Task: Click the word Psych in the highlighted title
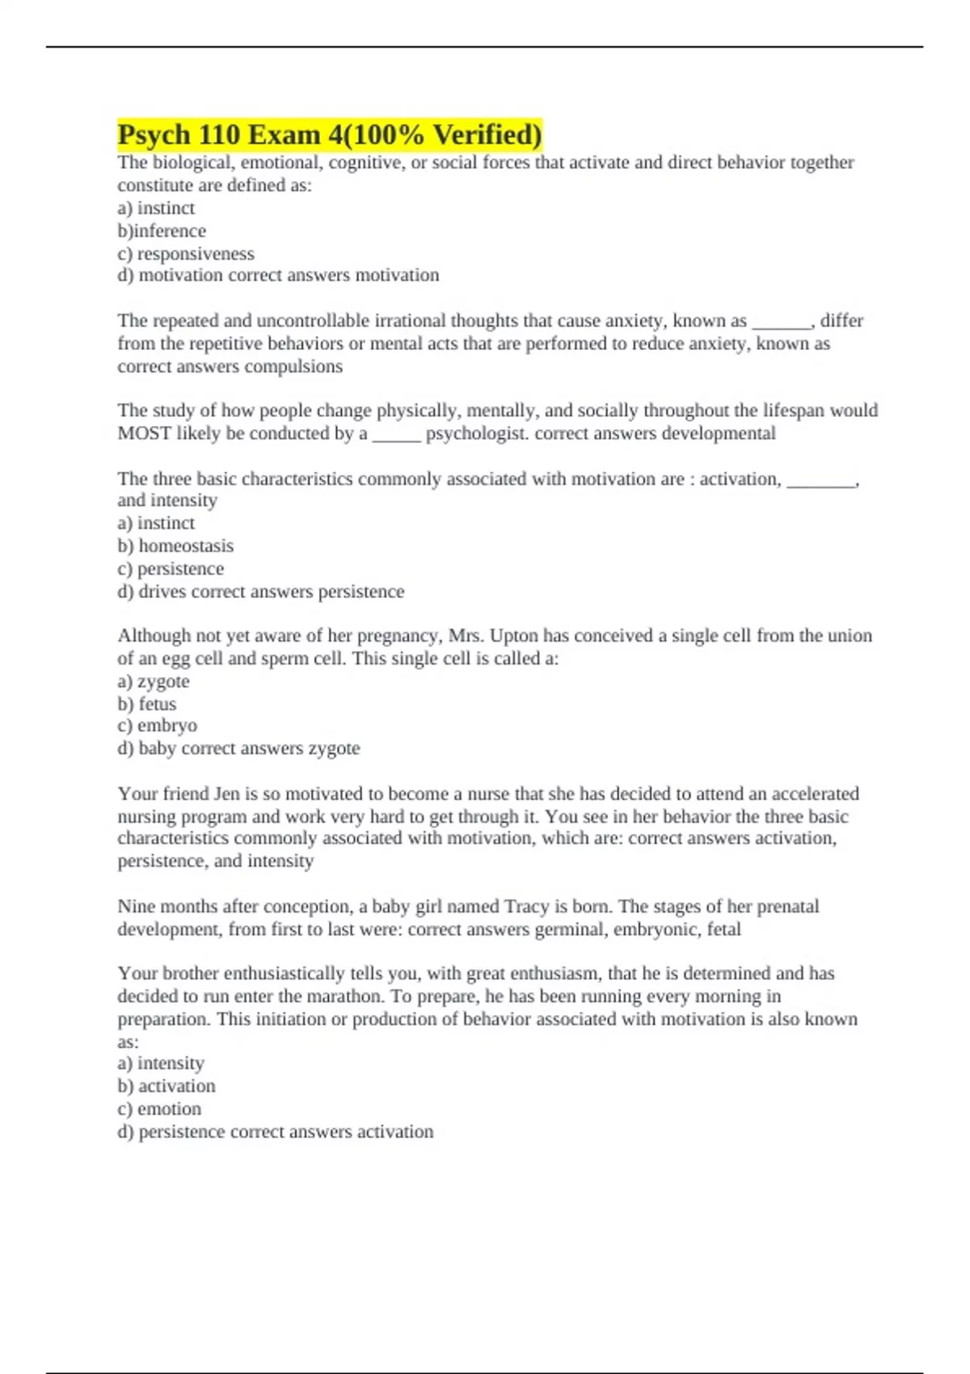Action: [154, 135]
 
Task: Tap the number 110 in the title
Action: [221, 135]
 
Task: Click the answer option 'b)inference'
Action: [162, 231]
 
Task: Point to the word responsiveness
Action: [196, 254]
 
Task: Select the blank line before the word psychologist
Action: [396, 434]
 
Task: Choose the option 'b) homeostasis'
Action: [175, 546]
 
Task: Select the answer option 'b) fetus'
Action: [147, 704]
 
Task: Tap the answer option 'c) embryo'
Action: [158, 726]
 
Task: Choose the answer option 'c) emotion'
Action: [159, 1109]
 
